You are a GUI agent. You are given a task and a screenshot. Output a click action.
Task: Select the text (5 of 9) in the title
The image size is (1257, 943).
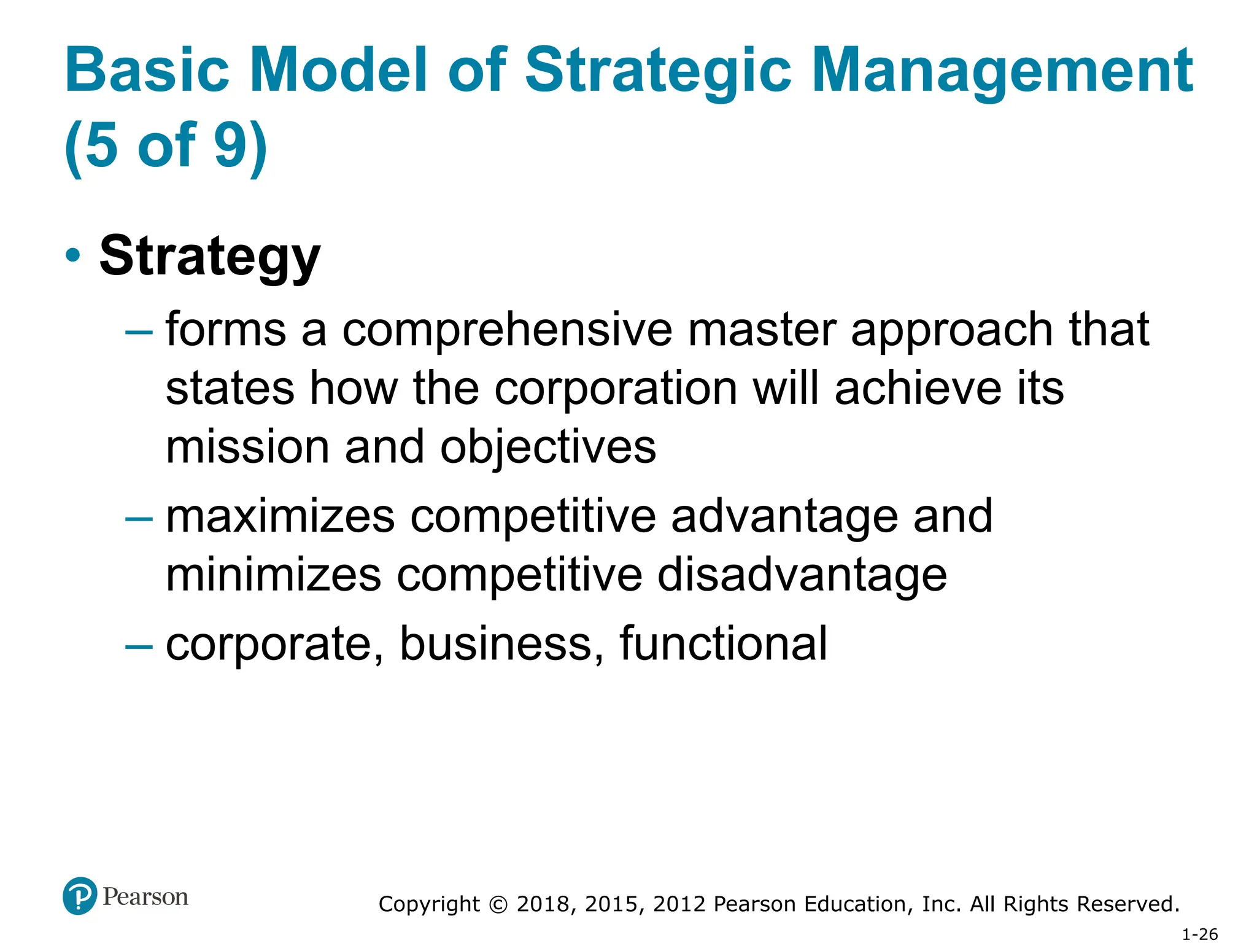[166, 146]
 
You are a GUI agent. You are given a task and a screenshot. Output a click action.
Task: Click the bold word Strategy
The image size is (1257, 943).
[210, 256]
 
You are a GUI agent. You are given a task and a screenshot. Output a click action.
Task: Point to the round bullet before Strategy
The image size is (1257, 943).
[73, 255]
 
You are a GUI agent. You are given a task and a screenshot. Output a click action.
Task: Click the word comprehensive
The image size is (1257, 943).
[507, 330]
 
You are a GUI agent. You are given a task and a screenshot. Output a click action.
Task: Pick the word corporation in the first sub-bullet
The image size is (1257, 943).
[616, 389]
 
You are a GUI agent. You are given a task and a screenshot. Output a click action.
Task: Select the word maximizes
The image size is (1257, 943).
[280, 516]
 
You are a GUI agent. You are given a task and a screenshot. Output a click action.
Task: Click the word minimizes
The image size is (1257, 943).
[274, 575]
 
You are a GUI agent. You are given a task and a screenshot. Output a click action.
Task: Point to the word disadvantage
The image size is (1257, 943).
[802, 575]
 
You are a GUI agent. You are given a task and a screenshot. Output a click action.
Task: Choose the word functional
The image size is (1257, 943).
[723, 643]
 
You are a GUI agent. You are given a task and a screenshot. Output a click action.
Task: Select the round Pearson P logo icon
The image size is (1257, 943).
[80, 896]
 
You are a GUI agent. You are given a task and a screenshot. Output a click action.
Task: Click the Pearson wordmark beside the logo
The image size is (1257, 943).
[145, 896]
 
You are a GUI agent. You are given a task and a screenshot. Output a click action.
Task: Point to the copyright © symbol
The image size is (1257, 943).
[498, 904]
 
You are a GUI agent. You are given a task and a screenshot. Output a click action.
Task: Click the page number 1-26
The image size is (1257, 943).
[1199, 934]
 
